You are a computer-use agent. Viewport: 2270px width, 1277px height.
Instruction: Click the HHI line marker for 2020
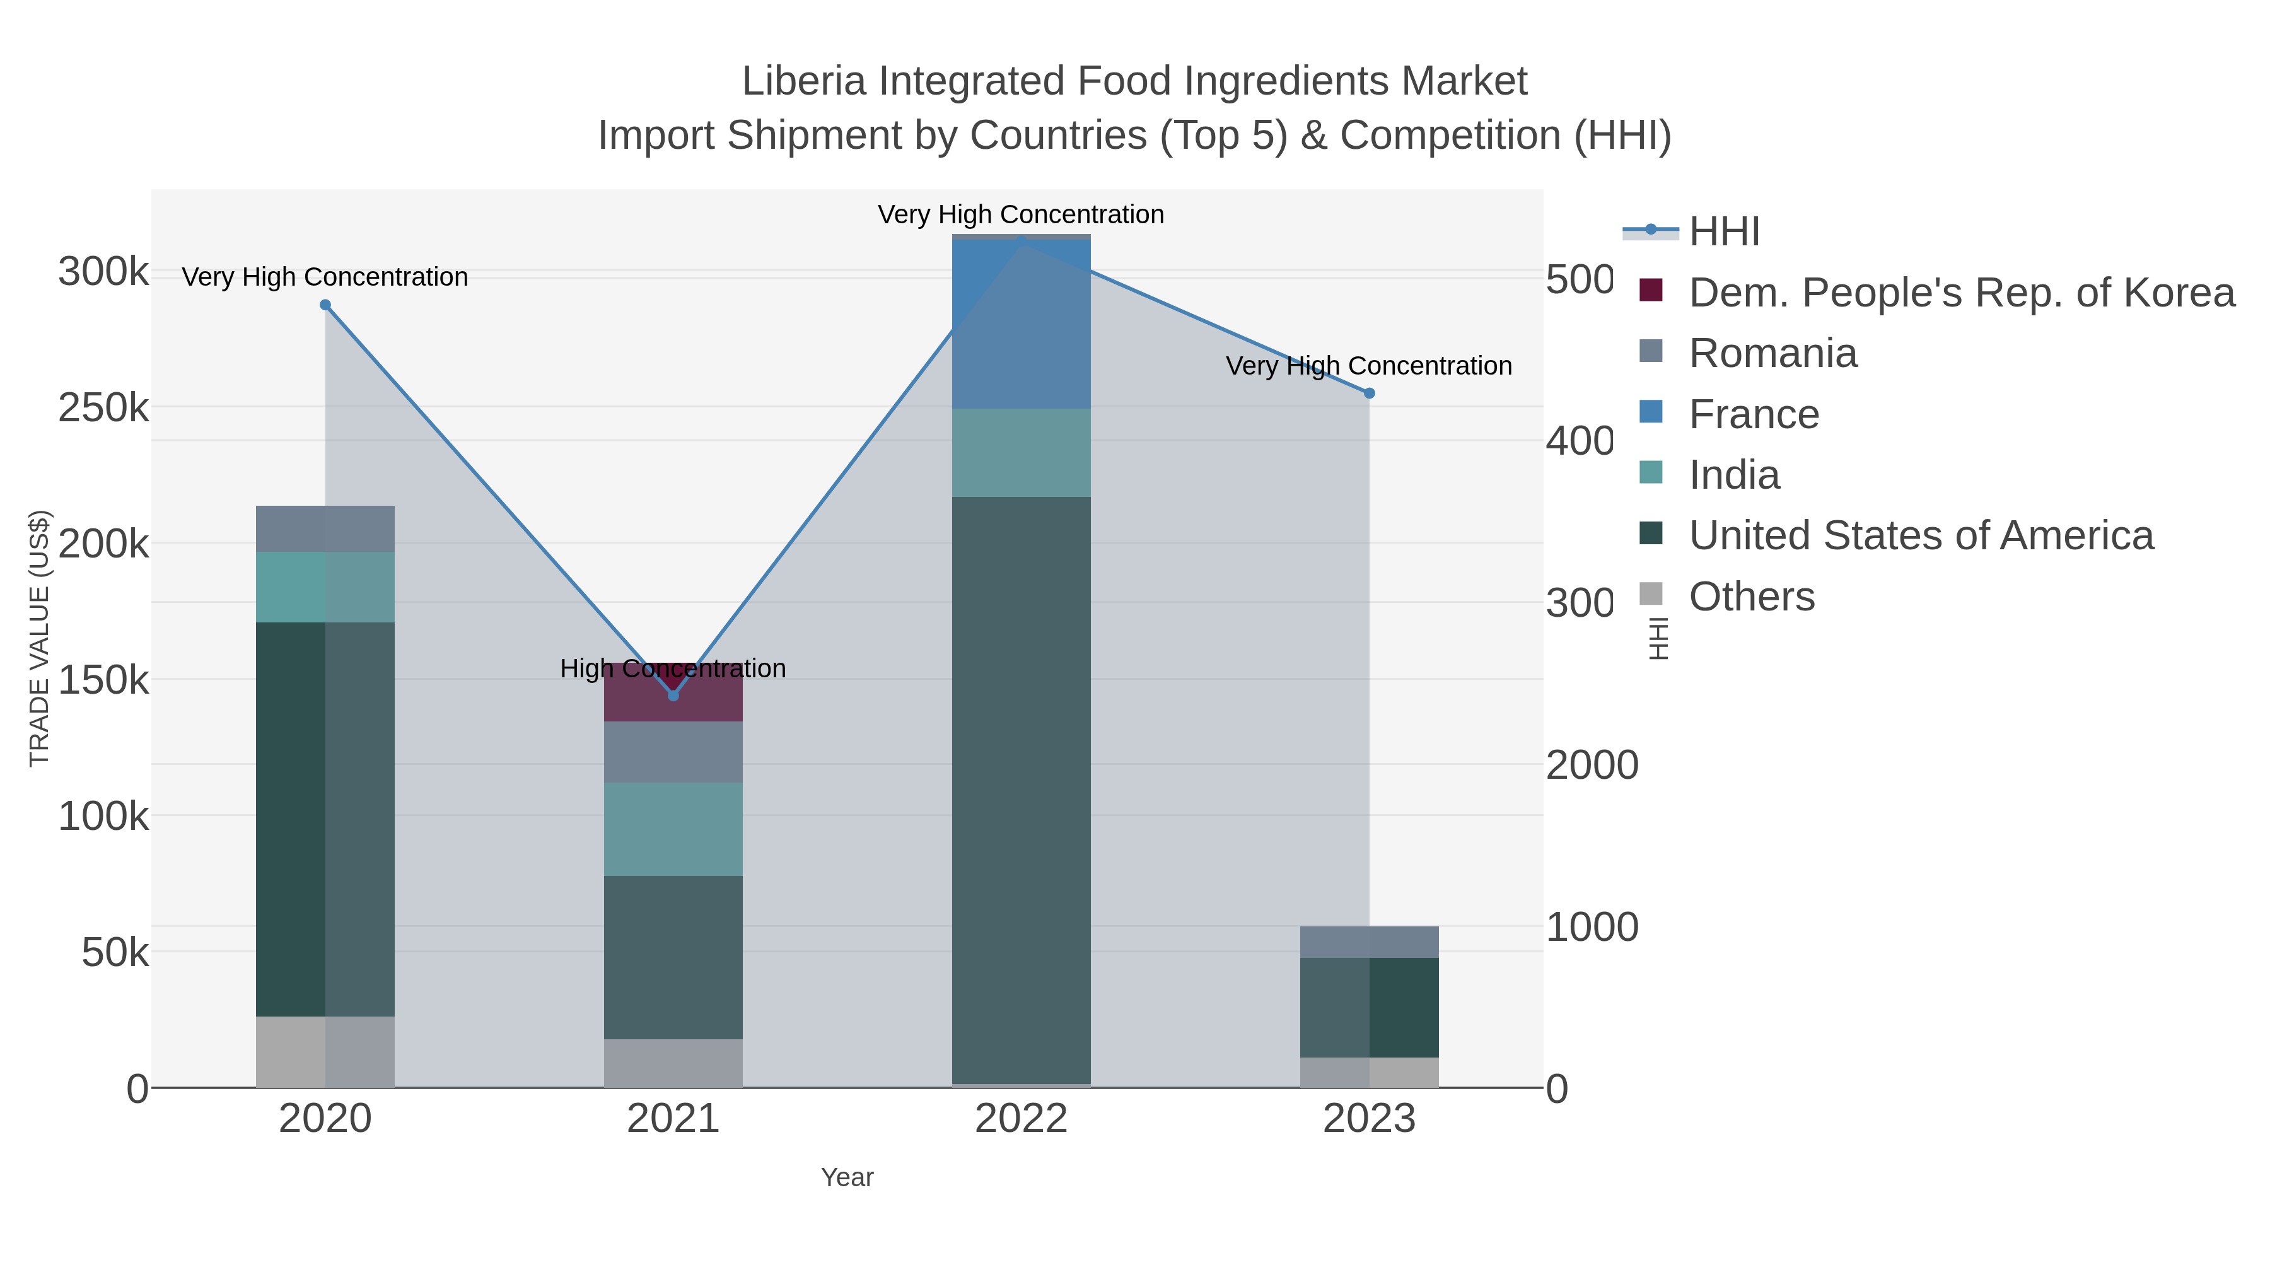[x=325, y=305]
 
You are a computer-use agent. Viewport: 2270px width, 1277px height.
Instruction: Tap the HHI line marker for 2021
[x=673, y=696]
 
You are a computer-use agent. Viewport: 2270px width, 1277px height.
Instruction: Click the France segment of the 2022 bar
[x=1021, y=324]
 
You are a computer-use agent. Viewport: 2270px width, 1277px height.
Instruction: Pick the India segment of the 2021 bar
[x=673, y=829]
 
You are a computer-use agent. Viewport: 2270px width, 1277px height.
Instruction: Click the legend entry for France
[x=1754, y=414]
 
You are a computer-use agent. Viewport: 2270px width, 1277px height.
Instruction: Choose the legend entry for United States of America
[x=1921, y=536]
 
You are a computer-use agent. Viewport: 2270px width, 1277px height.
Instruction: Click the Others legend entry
[x=1751, y=597]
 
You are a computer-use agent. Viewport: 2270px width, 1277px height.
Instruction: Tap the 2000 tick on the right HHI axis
[x=1592, y=765]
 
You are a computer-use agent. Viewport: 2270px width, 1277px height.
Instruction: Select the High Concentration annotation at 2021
[x=673, y=669]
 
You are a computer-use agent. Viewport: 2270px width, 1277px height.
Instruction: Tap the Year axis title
[x=847, y=1177]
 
